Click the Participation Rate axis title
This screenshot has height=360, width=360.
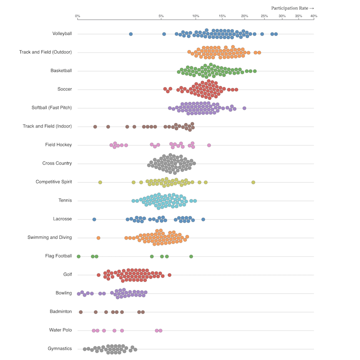pyautogui.click(x=292, y=8)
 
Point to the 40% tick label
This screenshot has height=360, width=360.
pyautogui.click(x=313, y=16)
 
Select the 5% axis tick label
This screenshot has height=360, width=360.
pyautogui.click(x=161, y=16)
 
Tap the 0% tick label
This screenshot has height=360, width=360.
pyautogui.click(x=77, y=16)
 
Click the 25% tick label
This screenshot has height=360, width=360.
pyautogui.click(x=264, y=16)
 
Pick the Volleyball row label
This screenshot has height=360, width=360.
pyautogui.click(x=62, y=34)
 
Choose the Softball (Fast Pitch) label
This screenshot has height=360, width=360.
pyautogui.click(x=52, y=108)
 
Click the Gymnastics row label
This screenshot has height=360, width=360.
pyautogui.click(x=60, y=349)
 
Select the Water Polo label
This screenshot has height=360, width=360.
pyautogui.click(x=60, y=330)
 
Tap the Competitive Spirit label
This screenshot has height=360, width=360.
pyautogui.click(x=54, y=182)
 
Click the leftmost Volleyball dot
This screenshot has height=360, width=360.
pyautogui.click(x=131, y=34)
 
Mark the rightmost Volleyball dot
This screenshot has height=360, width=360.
pyautogui.click(x=276, y=34)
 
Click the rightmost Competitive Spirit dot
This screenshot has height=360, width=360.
pyautogui.click(x=253, y=182)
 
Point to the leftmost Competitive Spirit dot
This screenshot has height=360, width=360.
pyautogui.click(x=100, y=182)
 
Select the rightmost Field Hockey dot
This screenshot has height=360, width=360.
pyautogui.click(x=209, y=145)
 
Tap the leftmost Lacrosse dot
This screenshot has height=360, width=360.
pyautogui.click(x=94, y=220)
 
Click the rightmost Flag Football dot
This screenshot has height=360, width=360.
pyautogui.click(x=191, y=257)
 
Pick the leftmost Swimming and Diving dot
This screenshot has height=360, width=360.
pyautogui.click(x=98, y=238)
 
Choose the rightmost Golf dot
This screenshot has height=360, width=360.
pyautogui.click(x=170, y=275)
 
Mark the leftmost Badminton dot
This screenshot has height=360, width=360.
pyautogui.click(x=81, y=312)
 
